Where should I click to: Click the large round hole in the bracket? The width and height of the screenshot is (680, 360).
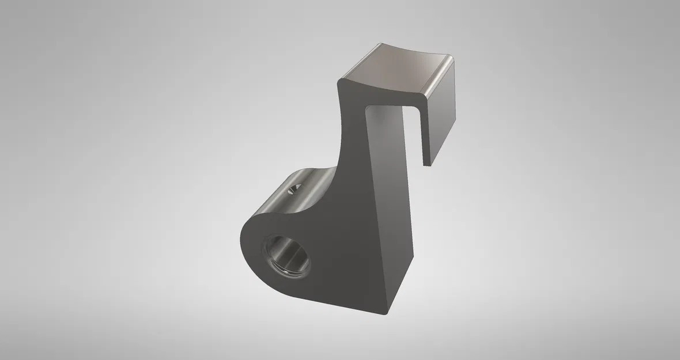click(286, 255)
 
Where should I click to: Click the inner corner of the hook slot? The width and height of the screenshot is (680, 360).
click(367, 108)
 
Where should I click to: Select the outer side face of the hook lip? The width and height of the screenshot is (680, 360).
click(444, 115)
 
